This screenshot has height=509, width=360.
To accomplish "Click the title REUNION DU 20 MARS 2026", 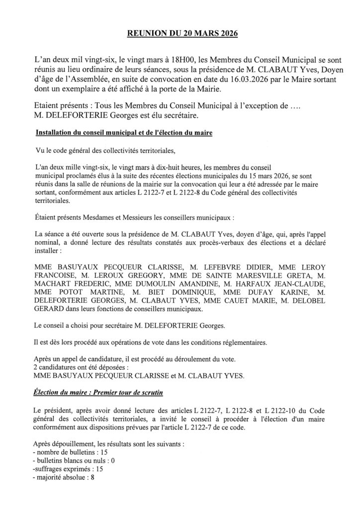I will click(x=180, y=34).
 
